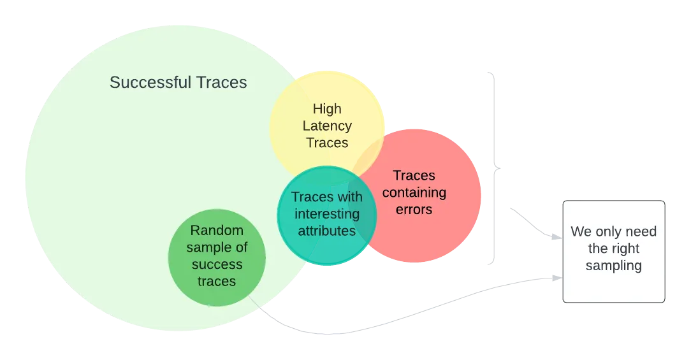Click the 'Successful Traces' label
tap(178, 82)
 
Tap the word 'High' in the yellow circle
tap(327, 109)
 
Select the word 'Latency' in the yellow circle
tap(327, 126)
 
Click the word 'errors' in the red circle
tap(414, 209)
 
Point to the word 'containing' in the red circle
tap(414, 192)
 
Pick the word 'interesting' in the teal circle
tap(327, 214)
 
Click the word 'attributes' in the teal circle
tap(327, 231)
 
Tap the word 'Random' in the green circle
tap(217, 231)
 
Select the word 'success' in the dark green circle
tap(217, 264)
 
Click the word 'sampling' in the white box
tap(613, 266)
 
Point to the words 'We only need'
tap(613, 232)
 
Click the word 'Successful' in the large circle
tap(150, 82)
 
